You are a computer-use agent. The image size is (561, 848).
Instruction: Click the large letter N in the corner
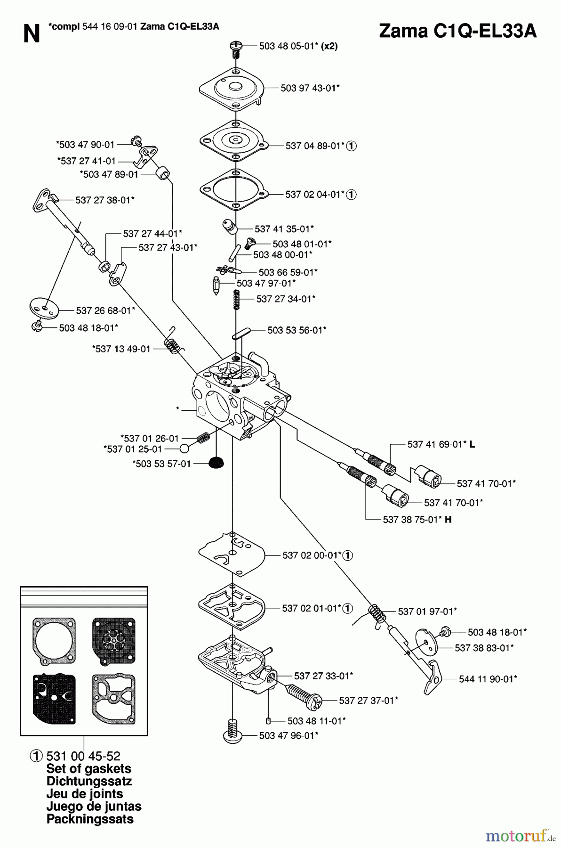click(x=32, y=34)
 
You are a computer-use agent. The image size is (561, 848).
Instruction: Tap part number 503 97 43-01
click(x=310, y=88)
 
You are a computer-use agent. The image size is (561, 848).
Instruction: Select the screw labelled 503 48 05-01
click(x=235, y=49)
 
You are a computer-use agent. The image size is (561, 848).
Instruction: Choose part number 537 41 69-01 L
click(x=441, y=444)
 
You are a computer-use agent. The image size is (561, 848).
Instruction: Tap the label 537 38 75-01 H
click(x=417, y=519)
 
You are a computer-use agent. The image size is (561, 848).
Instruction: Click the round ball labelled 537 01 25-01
click(x=184, y=448)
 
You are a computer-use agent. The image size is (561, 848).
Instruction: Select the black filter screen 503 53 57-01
click(x=216, y=463)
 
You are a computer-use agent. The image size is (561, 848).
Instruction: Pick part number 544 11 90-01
click(x=488, y=678)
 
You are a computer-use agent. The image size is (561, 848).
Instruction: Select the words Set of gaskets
click(x=89, y=768)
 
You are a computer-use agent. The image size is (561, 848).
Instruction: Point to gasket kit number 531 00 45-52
click(x=83, y=756)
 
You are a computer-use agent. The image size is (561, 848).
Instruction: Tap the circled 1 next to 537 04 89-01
click(x=352, y=146)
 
